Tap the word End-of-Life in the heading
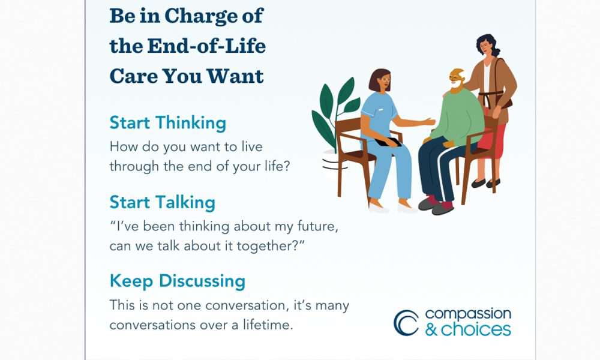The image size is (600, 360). [x=206, y=46]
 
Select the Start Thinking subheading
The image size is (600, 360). [x=167, y=124]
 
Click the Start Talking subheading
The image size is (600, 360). [x=162, y=203]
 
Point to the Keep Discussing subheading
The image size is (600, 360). [x=177, y=281]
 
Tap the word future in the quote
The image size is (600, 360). [x=317, y=226]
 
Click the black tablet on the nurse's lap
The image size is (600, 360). [x=388, y=142]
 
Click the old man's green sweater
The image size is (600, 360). [x=457, y=116]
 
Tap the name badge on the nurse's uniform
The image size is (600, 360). [x=380, y=110]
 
